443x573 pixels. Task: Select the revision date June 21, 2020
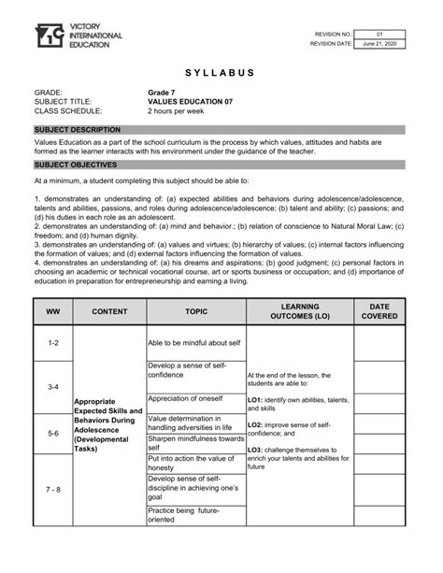click(x=379, y=43)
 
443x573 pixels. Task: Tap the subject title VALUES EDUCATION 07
click(x=188, y=102)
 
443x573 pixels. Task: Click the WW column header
click(x=52, y=311)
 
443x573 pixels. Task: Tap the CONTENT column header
click(x=109, y=311)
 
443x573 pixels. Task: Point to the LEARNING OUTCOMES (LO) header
click(x=299, y=311)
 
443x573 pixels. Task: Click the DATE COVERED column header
click(x=379, y=311)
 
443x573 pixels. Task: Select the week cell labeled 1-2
click(x=52, y=344)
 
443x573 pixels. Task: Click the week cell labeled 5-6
click(x=52, y=434)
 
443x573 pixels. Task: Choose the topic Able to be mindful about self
click(x=193, y=344)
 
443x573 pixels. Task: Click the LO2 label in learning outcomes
click(x=254, y=424)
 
